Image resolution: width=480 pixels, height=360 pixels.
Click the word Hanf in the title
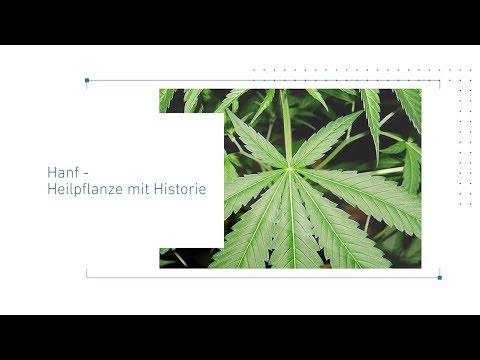(x=61, y=171)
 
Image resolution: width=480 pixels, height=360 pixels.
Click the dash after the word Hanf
(x=84, y=172)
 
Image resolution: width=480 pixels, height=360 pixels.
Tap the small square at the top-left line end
(x=87, y=80)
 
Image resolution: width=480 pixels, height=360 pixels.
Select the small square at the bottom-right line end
(x=439, y=277)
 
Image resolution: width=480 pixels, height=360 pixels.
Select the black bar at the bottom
(x=240, y=337)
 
